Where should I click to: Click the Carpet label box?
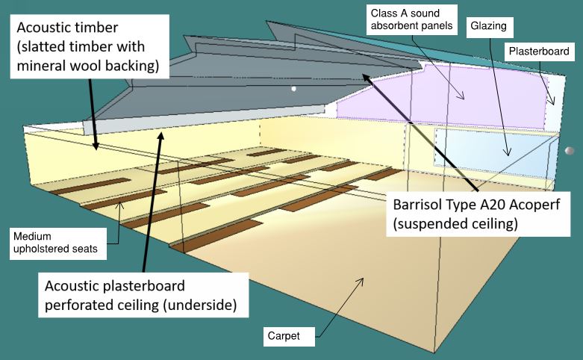click(289, 336)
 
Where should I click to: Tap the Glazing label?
click(489, 27)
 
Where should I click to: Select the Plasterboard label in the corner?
click(539, 52)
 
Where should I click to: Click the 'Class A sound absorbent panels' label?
click(411, 19)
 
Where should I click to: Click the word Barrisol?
click(417, 205)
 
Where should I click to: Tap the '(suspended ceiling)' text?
click(455, 224)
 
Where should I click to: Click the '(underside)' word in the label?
click(200, 305)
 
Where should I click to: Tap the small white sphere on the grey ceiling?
click(293, 89)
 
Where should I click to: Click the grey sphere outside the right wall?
click(570, 151)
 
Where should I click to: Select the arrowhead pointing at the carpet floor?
click(360, 281)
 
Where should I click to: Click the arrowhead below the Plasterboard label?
click(552, 101)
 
